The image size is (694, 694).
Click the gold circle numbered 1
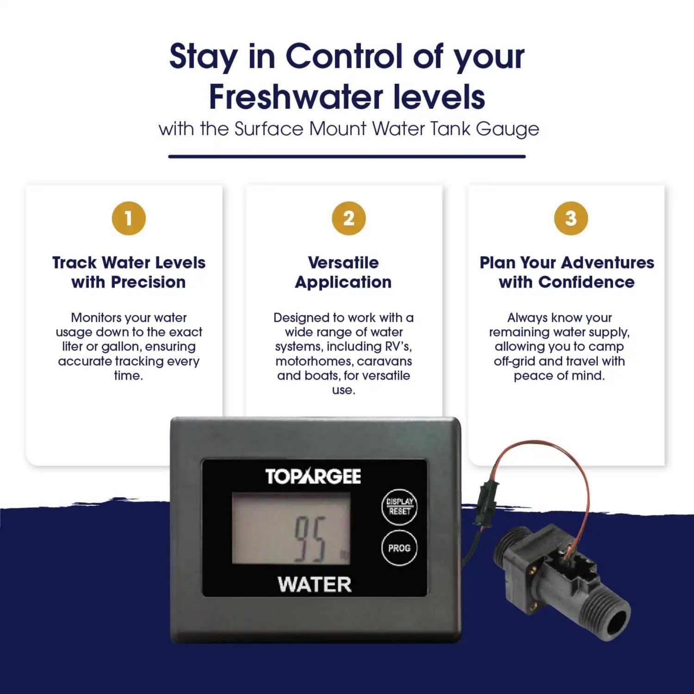click(129, 218)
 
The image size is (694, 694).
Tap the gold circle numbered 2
click(349, 218)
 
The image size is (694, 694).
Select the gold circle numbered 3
click(571, 218)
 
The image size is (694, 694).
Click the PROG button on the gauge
click(399, 548)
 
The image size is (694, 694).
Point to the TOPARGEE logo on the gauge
click(313, 477)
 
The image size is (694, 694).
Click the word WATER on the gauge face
click(315, 585)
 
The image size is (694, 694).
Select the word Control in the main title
click(345, 56)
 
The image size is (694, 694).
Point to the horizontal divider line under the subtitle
click(347, 156)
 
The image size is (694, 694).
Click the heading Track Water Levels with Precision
click(129, 272)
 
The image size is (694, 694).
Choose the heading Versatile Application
click(343, 272)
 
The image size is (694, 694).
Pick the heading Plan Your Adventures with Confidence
click(567, 272)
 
